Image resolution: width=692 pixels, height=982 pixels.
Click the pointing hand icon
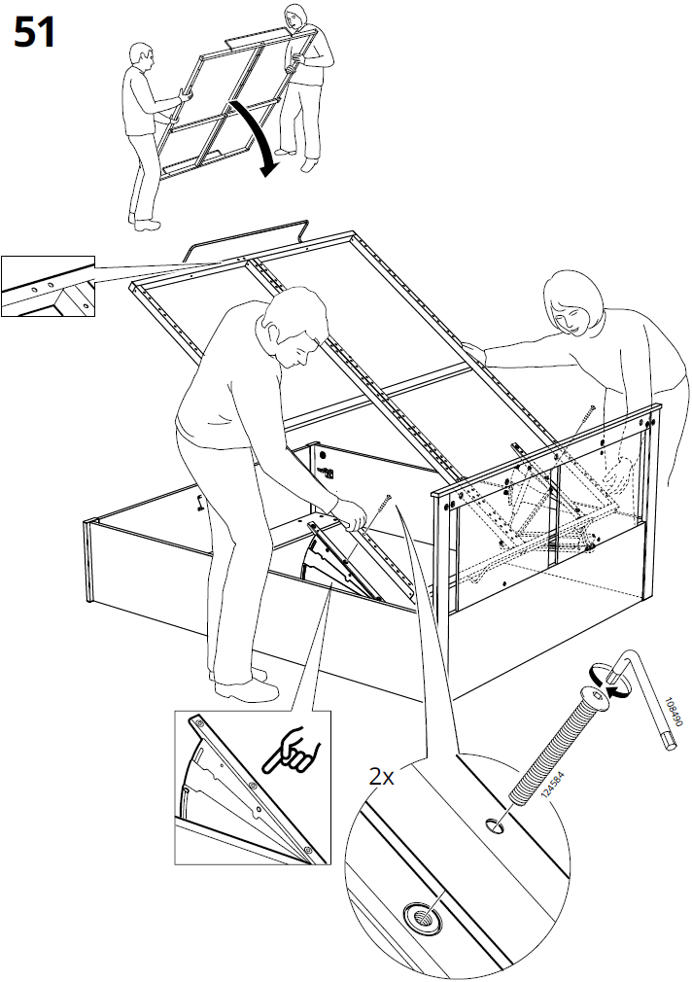(293, 749)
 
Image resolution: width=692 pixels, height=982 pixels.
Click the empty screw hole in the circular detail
(494, 825)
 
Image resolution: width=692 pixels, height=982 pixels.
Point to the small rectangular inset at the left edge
(48, 286)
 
